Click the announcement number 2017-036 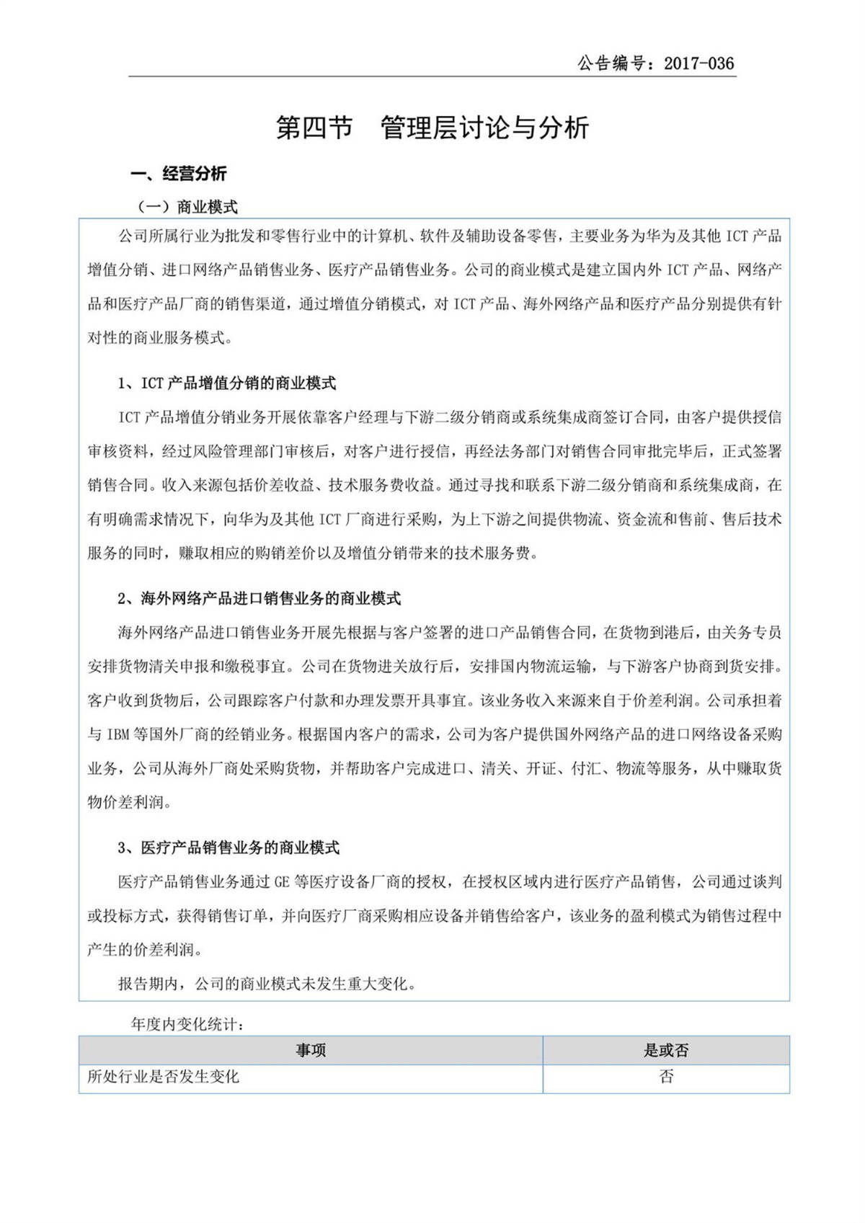point(698,63)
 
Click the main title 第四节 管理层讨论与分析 point(432,128)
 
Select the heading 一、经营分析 point(179,174)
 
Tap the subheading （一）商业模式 point(187,208)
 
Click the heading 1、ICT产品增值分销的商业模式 point(226,383)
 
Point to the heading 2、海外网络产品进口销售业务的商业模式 point(259,599)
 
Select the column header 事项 point(311,1050)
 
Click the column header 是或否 point(665,1050)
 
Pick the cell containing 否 point(665,1077)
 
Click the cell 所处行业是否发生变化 point(163,1077)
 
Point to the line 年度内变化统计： point(187,1024)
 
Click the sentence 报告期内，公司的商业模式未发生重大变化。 point(267,984)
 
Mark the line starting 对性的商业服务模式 point(160,337)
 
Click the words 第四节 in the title point(314,128)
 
